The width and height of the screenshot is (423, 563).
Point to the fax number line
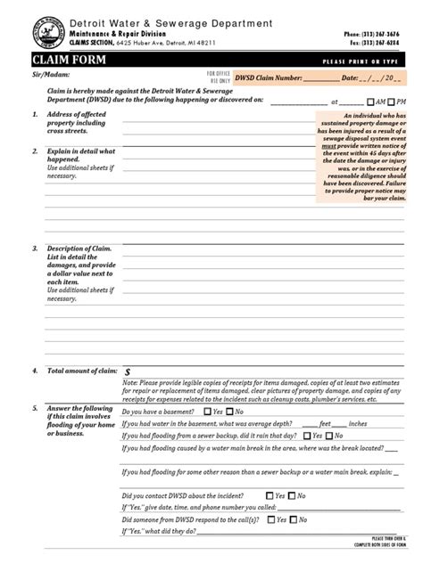(x=383, y=42)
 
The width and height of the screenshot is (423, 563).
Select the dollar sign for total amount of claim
(x=128, y=371)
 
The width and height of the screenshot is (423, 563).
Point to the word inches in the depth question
(x=357, y=424)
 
